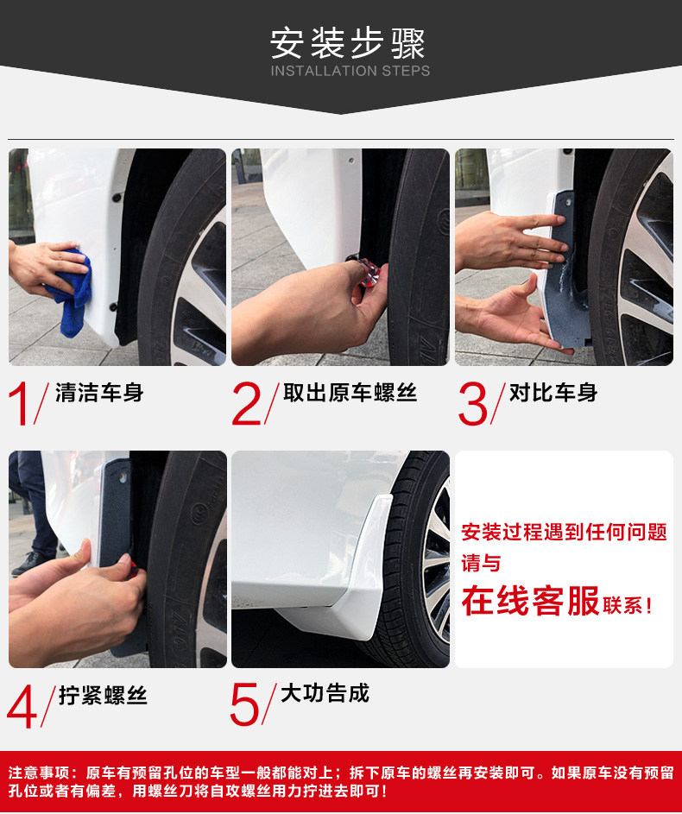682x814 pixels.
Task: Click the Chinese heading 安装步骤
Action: [x=347, y=44]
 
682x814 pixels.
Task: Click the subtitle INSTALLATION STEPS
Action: [x=350, y=71]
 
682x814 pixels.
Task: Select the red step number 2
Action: [x=247, y=404]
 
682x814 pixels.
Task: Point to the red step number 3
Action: [x=473, y=404]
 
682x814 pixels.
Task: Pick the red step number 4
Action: [x=22, y=706]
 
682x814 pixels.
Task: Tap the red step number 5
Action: [x=244, y=704]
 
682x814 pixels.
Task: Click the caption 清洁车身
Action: [x=99, y=393]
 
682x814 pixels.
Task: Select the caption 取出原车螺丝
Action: [x=350, y=393]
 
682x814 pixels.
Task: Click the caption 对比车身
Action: [x=553, y=393]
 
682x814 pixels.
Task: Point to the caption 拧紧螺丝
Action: [x=103, y=695]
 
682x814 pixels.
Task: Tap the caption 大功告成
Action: [x=325, y=693]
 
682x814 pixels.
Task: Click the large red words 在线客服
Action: [x=530, y=601]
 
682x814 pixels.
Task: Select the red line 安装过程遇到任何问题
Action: [x=565, y=532]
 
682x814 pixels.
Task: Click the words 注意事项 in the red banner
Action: [x=39, y=773]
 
